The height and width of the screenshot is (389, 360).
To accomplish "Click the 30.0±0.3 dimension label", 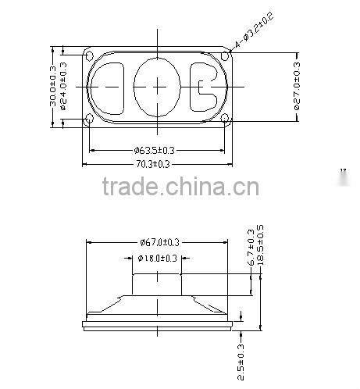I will tap(53, 86).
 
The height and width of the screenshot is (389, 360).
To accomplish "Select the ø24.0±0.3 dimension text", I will tap(64, 86).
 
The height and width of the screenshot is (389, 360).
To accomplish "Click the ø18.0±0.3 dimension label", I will tap(158, 258).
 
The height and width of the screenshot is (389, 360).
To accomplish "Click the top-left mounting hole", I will tap(88, 55).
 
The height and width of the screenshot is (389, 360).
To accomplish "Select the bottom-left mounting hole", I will tap(88, 119).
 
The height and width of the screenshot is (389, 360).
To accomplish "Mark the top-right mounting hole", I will tap(225, 55).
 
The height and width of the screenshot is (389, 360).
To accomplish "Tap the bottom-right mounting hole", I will tap(225, 119).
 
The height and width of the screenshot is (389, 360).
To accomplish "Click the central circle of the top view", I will tap(159, 87).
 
